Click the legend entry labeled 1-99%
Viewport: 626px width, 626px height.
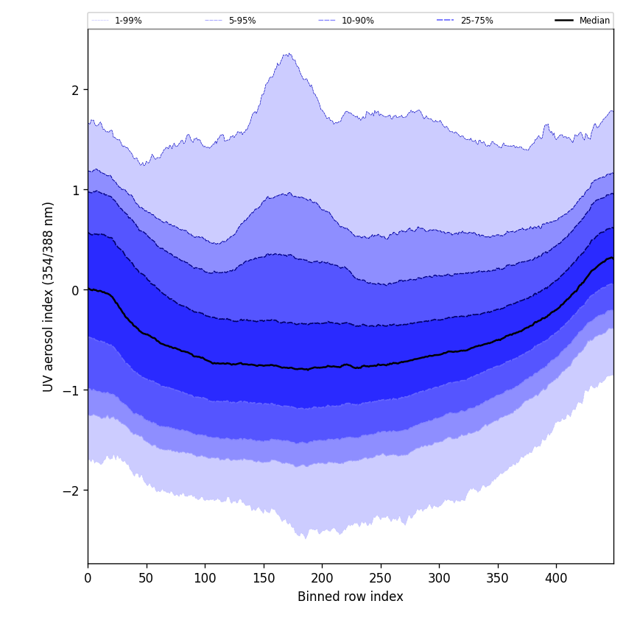[x=128, y=21]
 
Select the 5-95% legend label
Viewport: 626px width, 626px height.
[x=242, y=21]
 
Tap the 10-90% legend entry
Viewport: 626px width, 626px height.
[x=357, y=21]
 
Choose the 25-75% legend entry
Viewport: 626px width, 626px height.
[x=476, y=21]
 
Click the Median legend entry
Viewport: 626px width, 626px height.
[x=594, y=21]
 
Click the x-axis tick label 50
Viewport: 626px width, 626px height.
[x=147, y=579]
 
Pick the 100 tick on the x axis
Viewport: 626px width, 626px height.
[x=205, y=579]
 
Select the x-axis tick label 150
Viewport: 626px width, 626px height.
[x=264, y=579]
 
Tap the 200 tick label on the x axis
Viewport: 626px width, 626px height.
[x=322, y=579]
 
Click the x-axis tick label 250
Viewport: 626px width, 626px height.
[x=381, y=579]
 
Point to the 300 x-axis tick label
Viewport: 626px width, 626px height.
[x=439, y=579]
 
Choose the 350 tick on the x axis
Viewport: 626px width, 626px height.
[x=498, y=579]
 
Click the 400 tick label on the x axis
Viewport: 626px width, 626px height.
[x=556, y=579]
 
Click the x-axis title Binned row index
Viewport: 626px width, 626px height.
[x=351, y=597]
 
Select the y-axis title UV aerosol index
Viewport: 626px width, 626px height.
[x=49, y=297]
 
